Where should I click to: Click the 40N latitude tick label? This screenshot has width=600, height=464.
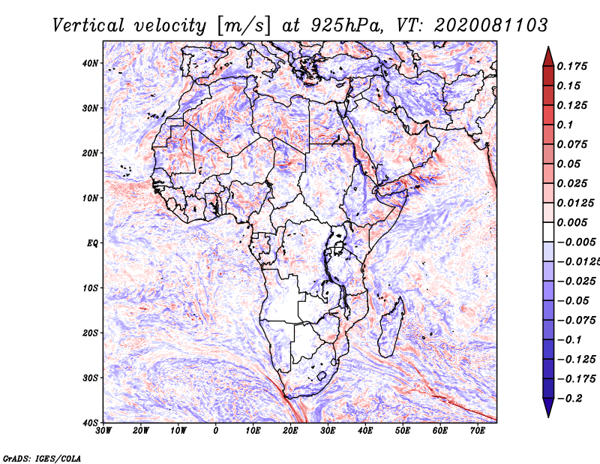(x=90, y=63)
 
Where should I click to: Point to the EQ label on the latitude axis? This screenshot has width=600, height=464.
(x=92, y=243)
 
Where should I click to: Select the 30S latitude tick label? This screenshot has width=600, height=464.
(x=90, y=378)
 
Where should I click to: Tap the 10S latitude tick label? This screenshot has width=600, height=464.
(x=90, y=288)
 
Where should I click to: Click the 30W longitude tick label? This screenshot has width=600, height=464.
(x=103, y=431)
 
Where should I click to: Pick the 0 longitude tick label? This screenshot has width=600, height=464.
(x=216, y=431)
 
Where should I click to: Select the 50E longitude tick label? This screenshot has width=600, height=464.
(x=403, y=431)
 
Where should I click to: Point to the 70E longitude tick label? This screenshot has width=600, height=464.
(x=478, y=431)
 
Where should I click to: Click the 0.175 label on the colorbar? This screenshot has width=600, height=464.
(x=571, y=66)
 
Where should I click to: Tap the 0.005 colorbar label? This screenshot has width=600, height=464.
(x=571, y=222)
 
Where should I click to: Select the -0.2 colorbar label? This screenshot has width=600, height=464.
(x=570, y=399)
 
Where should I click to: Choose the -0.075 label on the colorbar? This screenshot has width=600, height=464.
(x=576, y=321)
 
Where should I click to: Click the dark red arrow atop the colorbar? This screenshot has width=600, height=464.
(x=548, y=57)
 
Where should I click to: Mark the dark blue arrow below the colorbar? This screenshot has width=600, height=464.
(x=548, y=408)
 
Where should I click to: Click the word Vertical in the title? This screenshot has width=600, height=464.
(x=88, y=26)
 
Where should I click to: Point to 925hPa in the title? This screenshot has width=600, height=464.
(x=346, y=26)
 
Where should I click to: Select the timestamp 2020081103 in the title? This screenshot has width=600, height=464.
(x=491, y=26)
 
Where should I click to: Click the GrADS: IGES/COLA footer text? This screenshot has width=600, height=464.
(x=42, y=458)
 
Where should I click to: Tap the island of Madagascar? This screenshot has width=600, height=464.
(x=391, y=327)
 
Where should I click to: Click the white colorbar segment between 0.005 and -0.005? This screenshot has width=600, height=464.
(x=548, y=232)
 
